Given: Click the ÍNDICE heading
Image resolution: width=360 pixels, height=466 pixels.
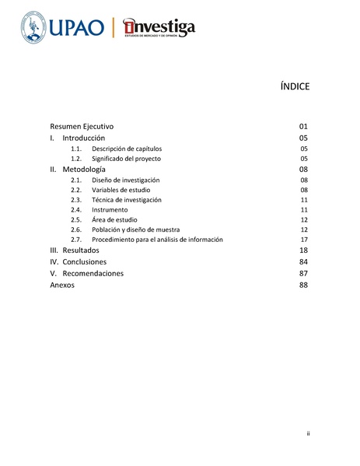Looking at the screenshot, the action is point(295,87).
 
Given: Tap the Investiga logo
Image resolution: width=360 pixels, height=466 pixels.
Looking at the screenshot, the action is point(159,28).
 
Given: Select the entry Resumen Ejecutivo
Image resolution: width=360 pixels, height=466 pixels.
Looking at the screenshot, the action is point(82,125).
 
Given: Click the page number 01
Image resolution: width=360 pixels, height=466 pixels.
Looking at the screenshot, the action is point(304,125).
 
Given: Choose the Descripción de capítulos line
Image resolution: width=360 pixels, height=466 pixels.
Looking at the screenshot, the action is point(127,148).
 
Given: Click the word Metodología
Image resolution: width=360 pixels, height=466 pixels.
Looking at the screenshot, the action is point(84,169).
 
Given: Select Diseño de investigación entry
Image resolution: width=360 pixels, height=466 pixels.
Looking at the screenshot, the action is point(126,180).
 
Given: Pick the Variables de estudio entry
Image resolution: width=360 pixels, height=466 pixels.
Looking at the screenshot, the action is point(121,190).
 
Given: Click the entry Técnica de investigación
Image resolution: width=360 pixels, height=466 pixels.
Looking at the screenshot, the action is point(127,200).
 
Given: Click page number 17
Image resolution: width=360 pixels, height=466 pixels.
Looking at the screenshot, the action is point(305,240).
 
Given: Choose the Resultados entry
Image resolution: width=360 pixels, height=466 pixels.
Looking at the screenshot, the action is point(81,251).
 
